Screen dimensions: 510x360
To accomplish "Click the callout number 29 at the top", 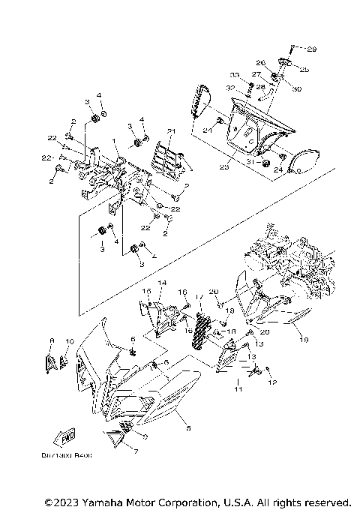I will [x=312, y=49].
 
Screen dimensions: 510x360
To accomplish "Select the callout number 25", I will [x=305, y=69].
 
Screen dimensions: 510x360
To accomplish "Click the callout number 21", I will [x=171, y=132].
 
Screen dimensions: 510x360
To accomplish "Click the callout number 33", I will [x=235, y=76].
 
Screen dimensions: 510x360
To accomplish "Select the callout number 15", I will [x=147, y=291].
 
